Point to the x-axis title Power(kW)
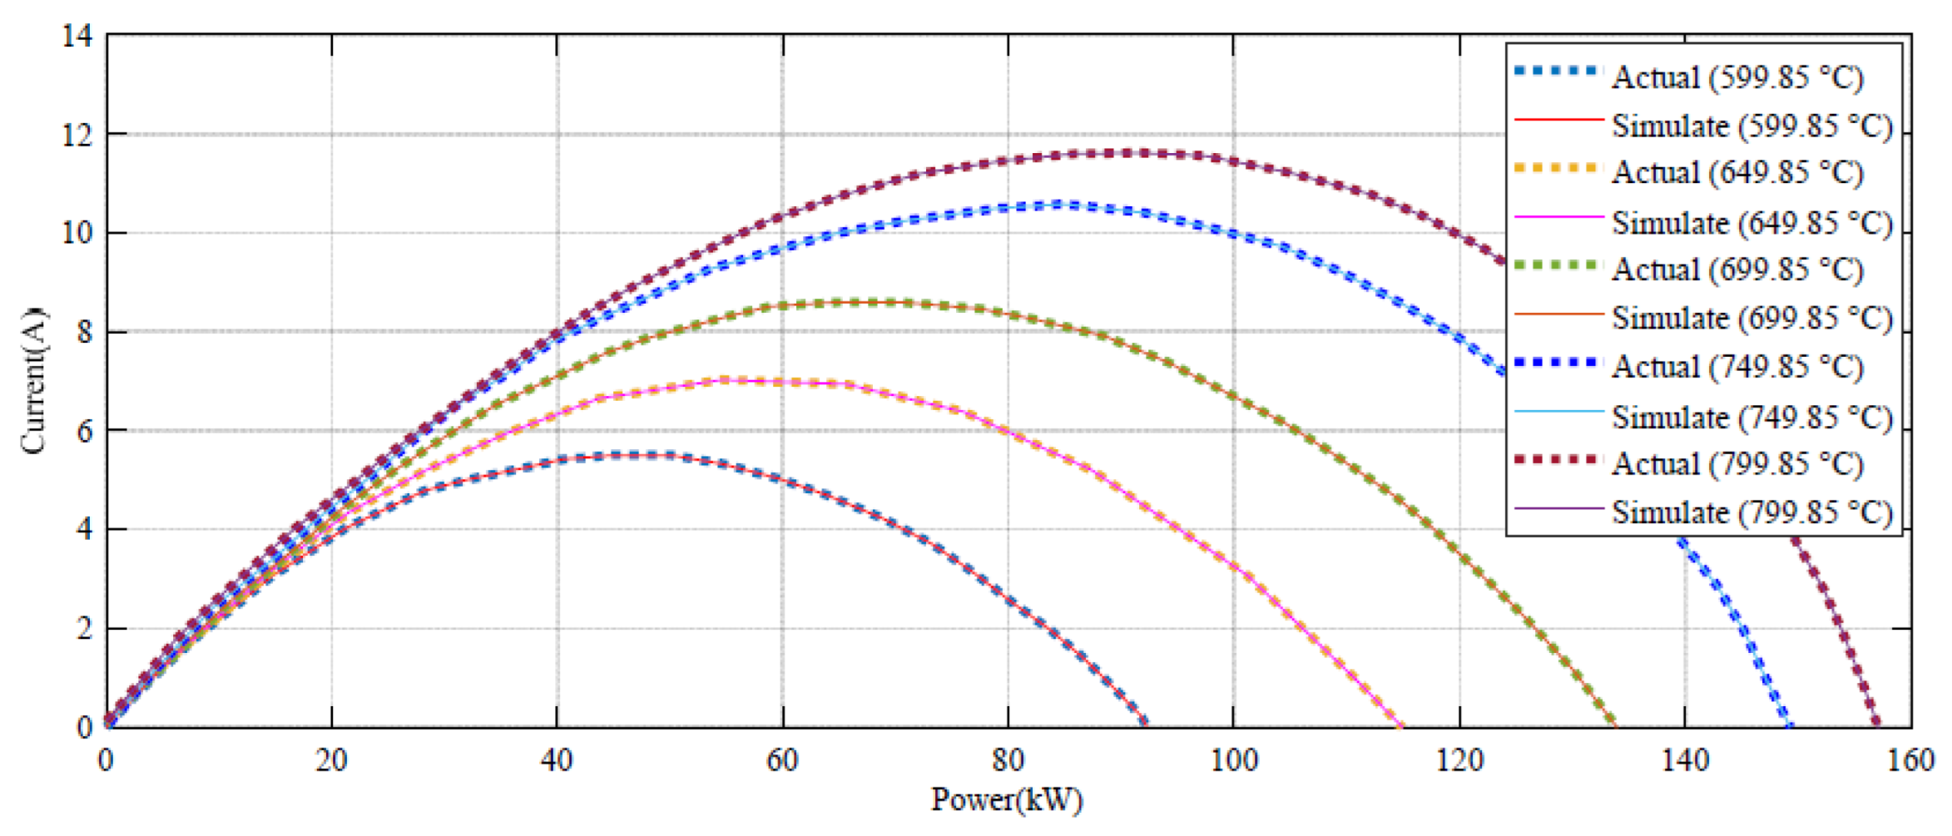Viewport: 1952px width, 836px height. tap(1007, 800)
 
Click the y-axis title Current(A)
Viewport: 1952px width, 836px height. tap(33, 381)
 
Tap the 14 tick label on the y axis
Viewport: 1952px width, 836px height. tap(77, 36)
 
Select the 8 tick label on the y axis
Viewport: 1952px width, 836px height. tap(84, 332)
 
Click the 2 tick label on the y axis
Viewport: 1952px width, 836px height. tap(84, 629)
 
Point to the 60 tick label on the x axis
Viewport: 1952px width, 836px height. tap(782, 760)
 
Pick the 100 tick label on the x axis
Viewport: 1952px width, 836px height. tap(1233, 760)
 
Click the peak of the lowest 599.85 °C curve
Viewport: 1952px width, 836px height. tap(637, 455)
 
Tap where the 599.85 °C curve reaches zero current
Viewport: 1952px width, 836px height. tap(1146, 725)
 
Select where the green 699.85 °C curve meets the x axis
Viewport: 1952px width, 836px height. tap(1614, 725)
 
